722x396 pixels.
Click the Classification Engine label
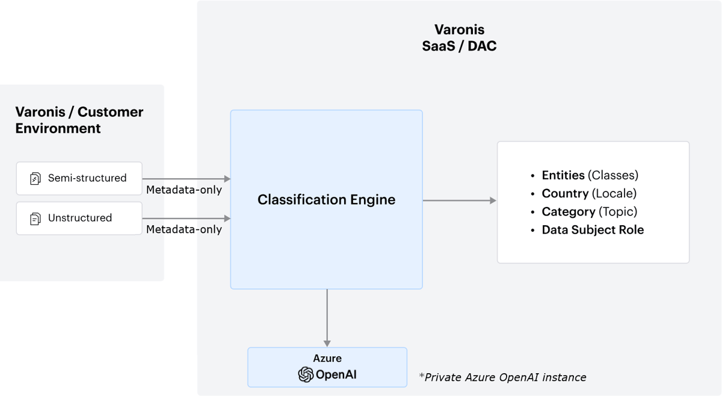click(x=326, y=200)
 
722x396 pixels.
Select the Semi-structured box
click(x=79, y=178)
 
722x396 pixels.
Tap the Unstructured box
click(x=79, y=218)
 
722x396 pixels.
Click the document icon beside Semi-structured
click(x=35, y=179)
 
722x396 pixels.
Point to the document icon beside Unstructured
click(x=35, y=218)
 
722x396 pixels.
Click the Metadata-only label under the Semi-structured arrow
click(x=184, y=190)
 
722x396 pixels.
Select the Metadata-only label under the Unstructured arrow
click(x=184, y=229)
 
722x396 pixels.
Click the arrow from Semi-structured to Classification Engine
click(x=187, y=179)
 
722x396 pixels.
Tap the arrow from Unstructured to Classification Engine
click(x=187, y=218)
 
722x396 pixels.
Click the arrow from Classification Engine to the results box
click(x=460, y=200)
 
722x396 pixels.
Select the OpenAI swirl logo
click(x=306, y=374)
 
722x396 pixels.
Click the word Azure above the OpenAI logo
click(x=327, y=358)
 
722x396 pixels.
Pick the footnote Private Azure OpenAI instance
click(x=502, y=377)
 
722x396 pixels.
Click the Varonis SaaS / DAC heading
click(x=459, y=37)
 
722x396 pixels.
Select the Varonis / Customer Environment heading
click(x=79, y=120)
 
